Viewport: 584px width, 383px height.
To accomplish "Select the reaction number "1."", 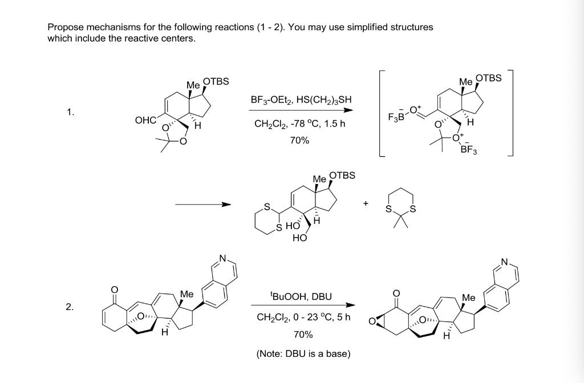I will click(x=69, y=112).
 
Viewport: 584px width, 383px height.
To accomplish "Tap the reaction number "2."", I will click(x=69, y=307).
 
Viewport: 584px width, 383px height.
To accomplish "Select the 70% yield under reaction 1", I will click(x=299, y=140).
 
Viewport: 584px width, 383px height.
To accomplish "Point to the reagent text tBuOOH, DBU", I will click(x=301, y=296).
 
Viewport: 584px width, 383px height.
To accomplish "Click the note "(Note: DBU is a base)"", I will click(x=303, y=354).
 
